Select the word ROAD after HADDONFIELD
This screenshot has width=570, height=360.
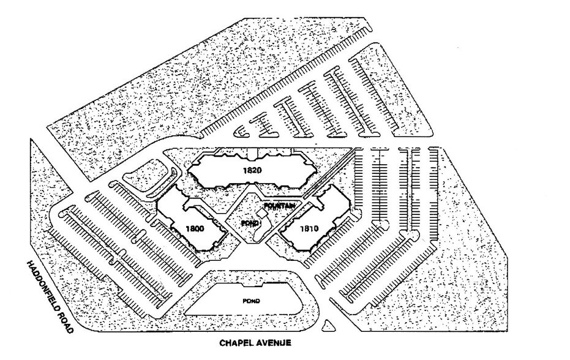(67, 322)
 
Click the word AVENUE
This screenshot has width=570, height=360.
(276, 343)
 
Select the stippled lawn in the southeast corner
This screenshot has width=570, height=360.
(447, 288)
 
